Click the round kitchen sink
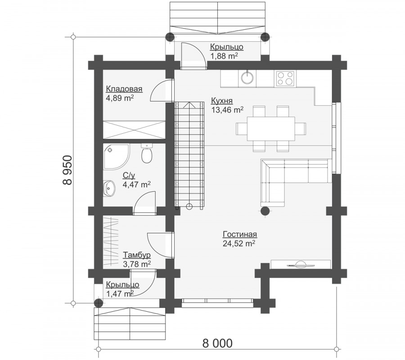point(248,77)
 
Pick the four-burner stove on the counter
point(285,78)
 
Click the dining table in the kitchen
point(271,129)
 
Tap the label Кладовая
point(124,89)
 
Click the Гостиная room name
point(240,234)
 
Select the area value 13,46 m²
point(227,110)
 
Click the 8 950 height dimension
point(67,170)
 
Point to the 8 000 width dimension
point(217,343)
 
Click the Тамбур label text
point(137,255)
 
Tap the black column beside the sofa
point(265,211)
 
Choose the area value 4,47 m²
point(137,184)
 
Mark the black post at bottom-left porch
point(98,303)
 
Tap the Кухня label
point(222,100)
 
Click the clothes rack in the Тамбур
point(111,242)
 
